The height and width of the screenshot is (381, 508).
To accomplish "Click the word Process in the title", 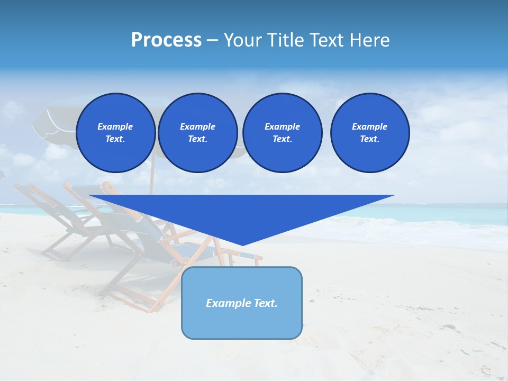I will coord(166,40).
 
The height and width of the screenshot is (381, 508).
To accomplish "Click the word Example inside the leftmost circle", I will coord(115,126).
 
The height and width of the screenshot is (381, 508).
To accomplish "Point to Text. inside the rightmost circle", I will coord(370,139).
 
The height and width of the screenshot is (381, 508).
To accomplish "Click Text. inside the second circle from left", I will coord(197,139).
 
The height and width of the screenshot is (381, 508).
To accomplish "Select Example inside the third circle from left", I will coord(282,126).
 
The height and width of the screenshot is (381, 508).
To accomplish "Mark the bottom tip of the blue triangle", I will coord(242,244).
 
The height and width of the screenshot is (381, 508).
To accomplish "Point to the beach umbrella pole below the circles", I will coord(151,183).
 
